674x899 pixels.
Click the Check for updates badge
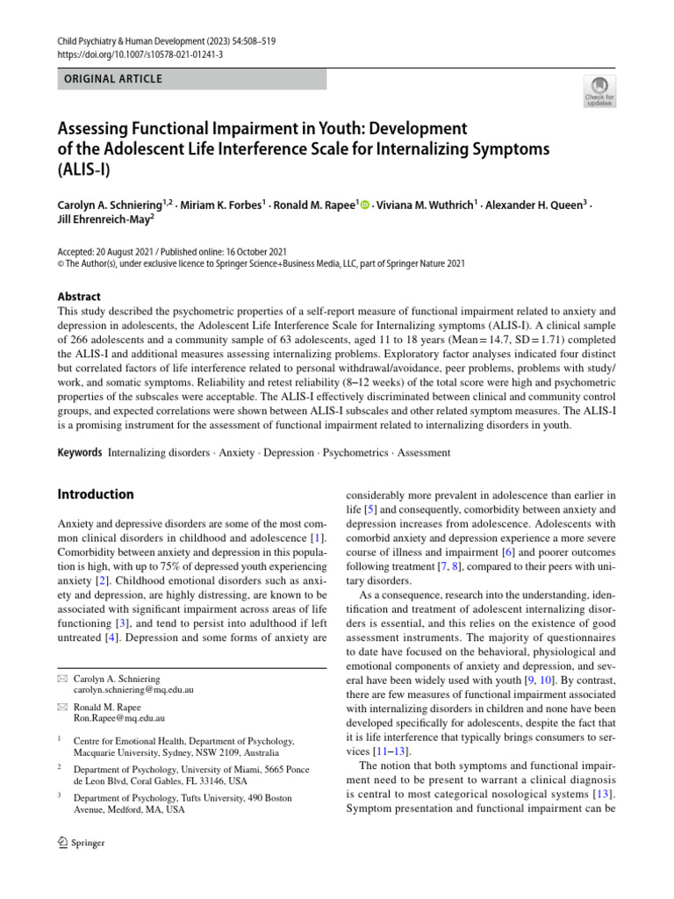[x=599, y=91]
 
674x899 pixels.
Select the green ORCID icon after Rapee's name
[x=364, y=206]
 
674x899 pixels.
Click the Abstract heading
[x=79, y=297]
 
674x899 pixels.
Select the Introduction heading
[x=96, y=494]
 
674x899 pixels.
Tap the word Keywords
[x=80, y=453]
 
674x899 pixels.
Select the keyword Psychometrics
[x=355, y=453]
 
